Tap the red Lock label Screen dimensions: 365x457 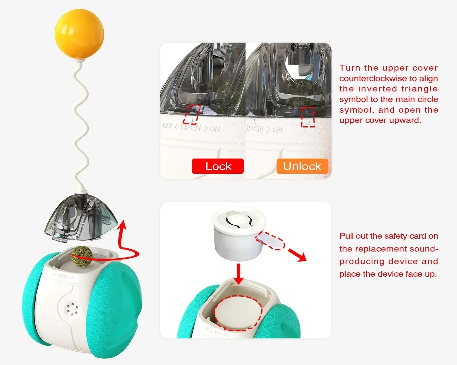pyautogui.click(x=218, y=166)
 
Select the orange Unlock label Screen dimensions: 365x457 pyautogui.click(x=302, y=166)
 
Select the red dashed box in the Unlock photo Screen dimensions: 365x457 pyautogui.click(x=308, y=117)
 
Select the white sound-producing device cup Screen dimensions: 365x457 pyautogui.click(x=238, y=234)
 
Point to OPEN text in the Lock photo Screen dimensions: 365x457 pyautogui.click(x=191, y=128)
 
